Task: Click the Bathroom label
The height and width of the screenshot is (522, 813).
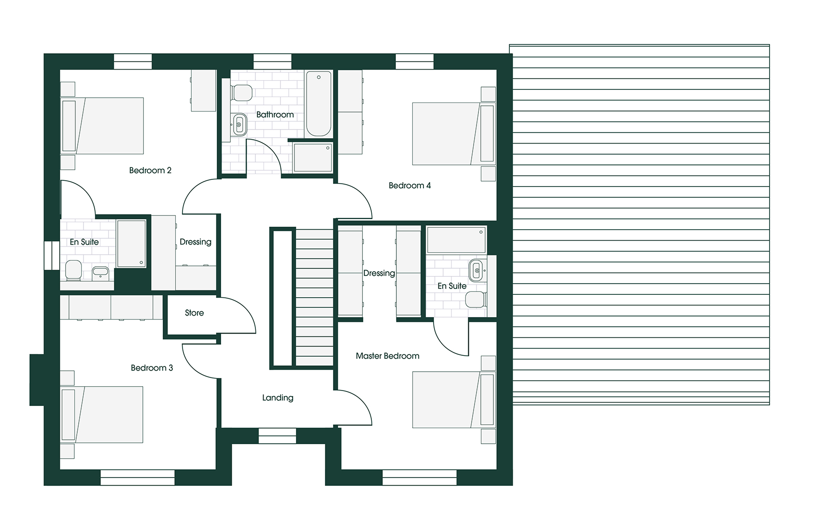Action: (275, 115)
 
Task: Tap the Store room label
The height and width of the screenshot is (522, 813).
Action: (194, 313)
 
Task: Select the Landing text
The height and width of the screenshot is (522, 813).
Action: (278, 398)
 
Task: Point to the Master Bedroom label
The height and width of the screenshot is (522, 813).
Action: (387, 356)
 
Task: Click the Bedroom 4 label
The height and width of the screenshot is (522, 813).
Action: (409, 186)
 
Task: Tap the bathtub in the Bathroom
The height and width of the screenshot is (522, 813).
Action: (319, 104)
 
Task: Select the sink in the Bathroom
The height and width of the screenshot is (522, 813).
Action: (239, 125)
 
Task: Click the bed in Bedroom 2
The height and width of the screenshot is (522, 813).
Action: (102, 126)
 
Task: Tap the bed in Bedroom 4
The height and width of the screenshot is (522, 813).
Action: (454, 134)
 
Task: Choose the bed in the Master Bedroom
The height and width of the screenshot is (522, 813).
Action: (454, 400)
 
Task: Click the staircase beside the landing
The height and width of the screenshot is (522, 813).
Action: (314, 297)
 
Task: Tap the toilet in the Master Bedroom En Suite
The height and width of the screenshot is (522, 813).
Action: (476, 300)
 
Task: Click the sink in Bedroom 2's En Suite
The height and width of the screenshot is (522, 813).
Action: (100, 272)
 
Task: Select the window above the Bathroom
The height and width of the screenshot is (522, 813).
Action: (272, 61)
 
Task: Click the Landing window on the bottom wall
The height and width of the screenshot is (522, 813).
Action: (277, 436)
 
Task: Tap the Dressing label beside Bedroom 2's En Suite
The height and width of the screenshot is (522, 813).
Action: (195, 242)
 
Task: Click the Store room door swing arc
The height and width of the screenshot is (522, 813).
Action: (244, 309)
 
